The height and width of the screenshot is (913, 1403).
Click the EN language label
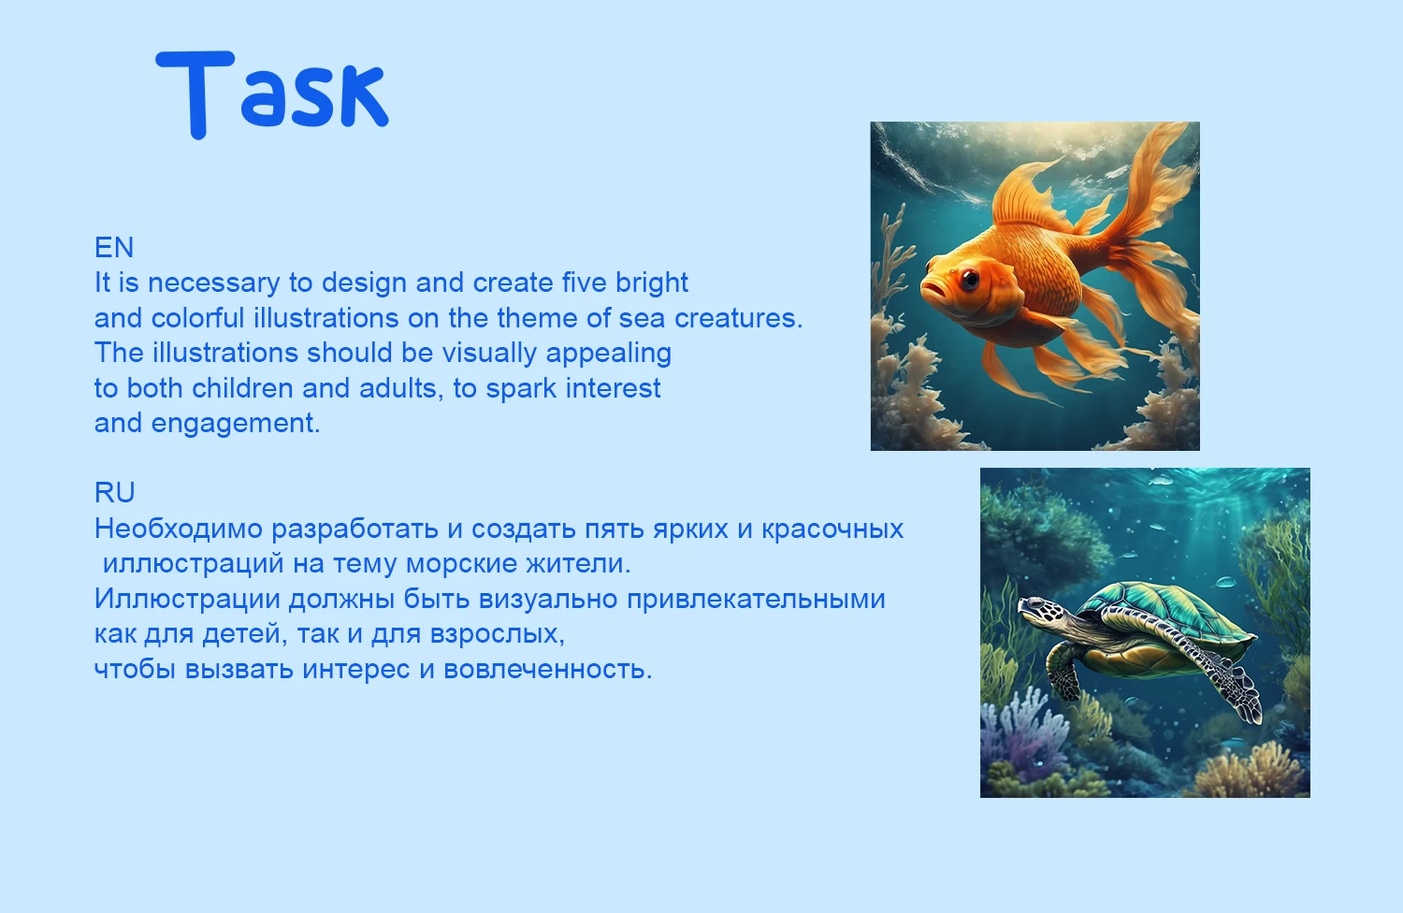[114, 248]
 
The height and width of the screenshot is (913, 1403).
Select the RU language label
[115, 493]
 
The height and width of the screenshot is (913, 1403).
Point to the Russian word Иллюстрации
[187, 599]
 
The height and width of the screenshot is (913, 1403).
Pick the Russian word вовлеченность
[547, 670]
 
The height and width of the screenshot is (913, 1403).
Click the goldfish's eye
[970, 277]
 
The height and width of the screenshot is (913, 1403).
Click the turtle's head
[1041, 612]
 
